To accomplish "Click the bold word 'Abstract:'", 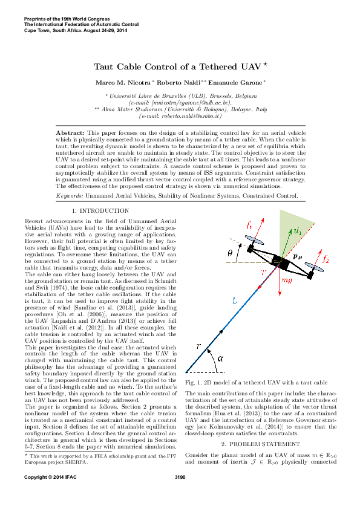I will click(70, 132).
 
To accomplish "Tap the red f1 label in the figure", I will click(249, 243).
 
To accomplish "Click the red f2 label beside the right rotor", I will click(326, 260).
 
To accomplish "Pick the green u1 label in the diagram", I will click(297, 247).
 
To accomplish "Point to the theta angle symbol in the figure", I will click(231, 271).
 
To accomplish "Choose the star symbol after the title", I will click(264, 63).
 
